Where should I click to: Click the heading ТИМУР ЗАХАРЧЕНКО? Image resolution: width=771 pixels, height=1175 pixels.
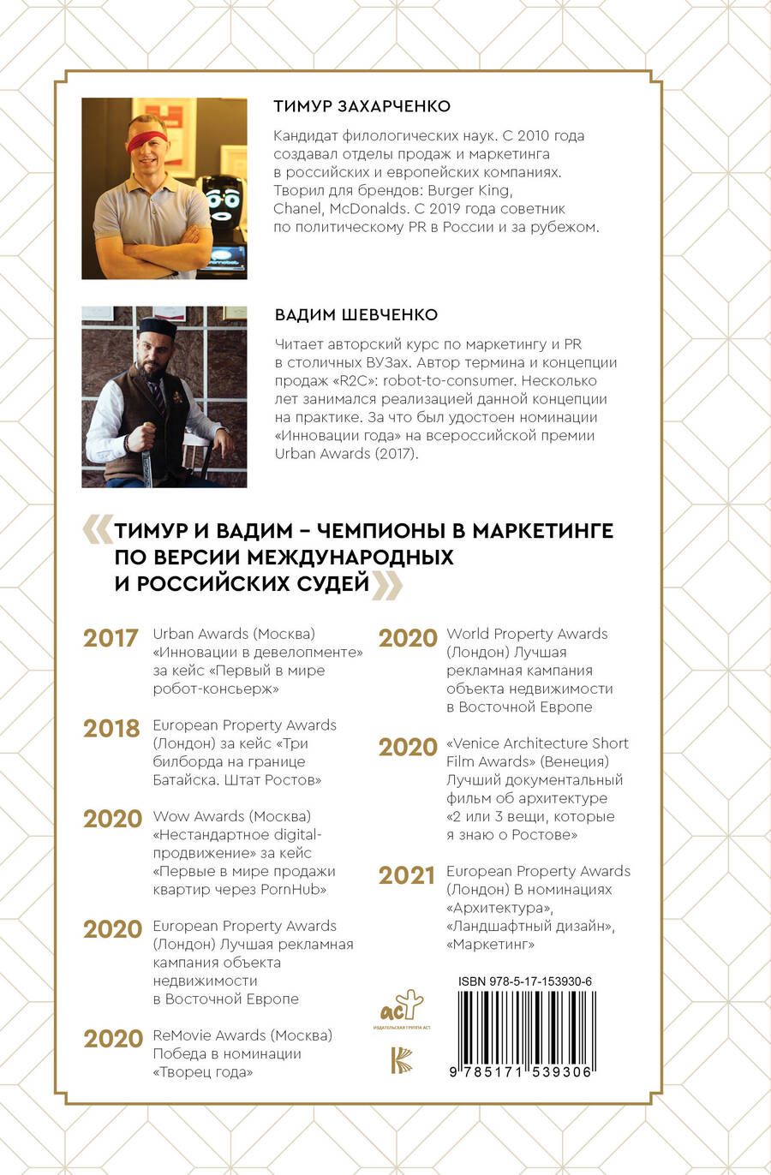[362, 106]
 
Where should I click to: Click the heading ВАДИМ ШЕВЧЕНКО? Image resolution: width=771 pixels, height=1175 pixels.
[356, 315]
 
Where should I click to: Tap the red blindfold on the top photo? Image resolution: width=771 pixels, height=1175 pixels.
[147, 139]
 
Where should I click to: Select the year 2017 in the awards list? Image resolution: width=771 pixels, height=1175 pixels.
[111, 638]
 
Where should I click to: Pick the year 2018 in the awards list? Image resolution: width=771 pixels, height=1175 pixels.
[111, 728]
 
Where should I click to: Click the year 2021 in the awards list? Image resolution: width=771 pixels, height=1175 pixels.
[407, 875]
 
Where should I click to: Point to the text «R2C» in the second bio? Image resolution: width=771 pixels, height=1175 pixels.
[367, 380]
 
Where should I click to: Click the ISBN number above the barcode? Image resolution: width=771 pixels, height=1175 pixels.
[524, 981]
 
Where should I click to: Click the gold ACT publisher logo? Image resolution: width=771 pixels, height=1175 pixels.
[401, 1005]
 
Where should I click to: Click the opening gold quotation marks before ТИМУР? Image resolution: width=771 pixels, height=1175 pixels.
[97, 529]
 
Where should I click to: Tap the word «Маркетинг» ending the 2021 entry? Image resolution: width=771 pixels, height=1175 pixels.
[490, 944]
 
